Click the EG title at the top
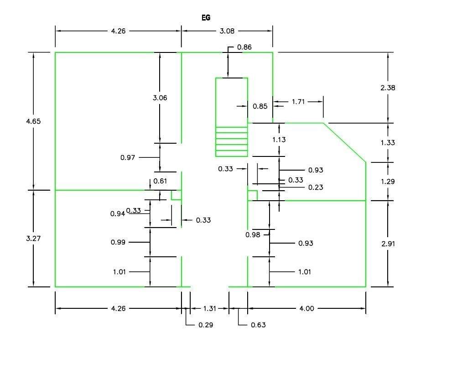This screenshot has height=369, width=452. coord(206,18)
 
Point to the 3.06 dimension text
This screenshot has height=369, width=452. coord(160,98)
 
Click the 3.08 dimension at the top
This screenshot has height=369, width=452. coord(227,31)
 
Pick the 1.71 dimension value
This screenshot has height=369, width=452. coord(298,102)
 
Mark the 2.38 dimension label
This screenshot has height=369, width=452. coord(388,88)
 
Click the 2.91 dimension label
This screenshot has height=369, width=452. coord(388,244)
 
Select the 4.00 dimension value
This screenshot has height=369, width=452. coord(307,309)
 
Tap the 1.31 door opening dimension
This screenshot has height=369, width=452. coord(209,309)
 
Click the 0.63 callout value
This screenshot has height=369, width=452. coord(258,325)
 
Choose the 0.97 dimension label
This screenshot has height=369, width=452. coord(128,157)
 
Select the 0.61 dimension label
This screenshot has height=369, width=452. coord(160,181)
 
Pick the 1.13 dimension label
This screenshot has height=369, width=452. coord(279,140)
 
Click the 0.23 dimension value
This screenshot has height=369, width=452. coord(316,187)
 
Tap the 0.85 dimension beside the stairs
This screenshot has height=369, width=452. coord(260,106)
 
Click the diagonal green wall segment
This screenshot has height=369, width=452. coord(345,142)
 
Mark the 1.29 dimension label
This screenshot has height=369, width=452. coord(388,182)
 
